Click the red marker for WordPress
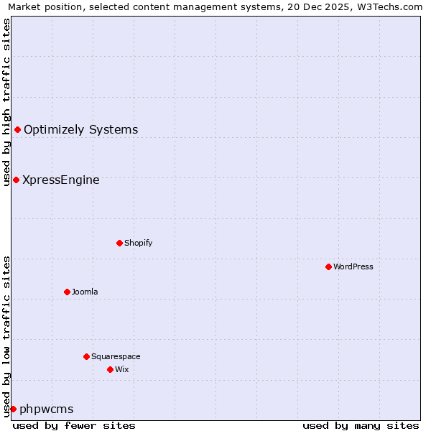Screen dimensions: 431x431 click(x=328, y=267)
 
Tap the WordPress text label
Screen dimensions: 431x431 click(x=353, y=267)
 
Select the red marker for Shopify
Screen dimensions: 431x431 click(x=119, y=243)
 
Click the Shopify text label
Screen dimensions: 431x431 click(x=138, y=243)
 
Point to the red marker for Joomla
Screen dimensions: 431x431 click(x=67, y=292)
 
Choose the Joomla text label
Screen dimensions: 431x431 click(x=85, y=292)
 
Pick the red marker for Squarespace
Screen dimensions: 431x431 click(x=86, y=356)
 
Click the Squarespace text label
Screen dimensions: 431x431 click(x=116, y=356)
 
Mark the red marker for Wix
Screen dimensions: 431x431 click(x=110, y=369)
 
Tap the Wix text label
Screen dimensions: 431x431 click(x=121, y=369)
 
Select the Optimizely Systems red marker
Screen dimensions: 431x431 click(x=17, y=129)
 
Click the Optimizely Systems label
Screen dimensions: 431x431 click(x=80, y=130)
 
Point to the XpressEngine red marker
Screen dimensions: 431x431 click(x=16, y=180)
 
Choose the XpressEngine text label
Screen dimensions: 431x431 click(x=61, y=180)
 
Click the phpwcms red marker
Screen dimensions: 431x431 click(x=13, y=409)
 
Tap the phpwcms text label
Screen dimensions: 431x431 click(x=47, y=409)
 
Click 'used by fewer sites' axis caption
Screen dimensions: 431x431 click(x=74, y=425)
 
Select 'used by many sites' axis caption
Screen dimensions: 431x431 click(x=361, y=425)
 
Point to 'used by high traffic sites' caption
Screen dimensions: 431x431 click(x=6, y=102)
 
